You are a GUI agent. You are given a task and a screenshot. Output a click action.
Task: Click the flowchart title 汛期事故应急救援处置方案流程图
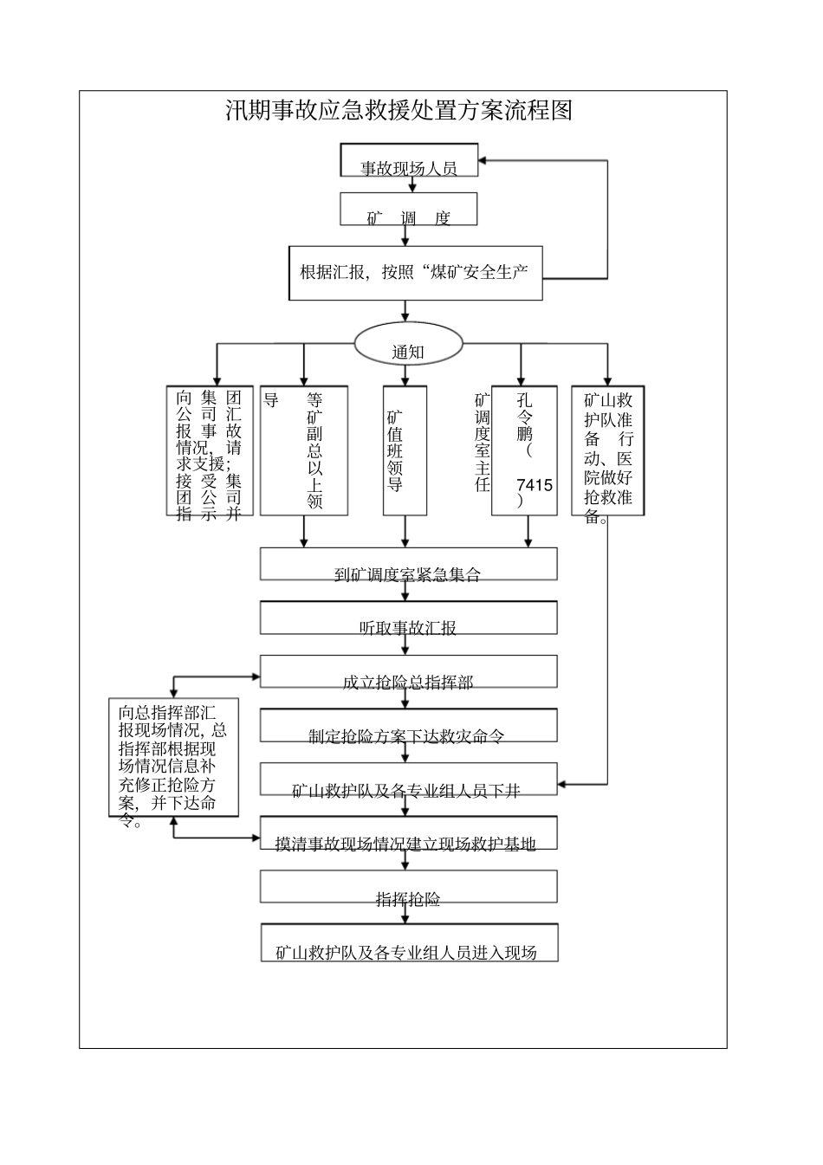[399, 111]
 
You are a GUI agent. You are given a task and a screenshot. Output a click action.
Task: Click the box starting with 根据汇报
[415, 273]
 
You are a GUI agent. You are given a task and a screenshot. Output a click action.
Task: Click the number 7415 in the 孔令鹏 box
[534, 485]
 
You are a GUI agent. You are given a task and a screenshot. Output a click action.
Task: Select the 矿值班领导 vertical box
[405, 450]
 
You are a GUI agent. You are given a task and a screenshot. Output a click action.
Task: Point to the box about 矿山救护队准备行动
[608, 450]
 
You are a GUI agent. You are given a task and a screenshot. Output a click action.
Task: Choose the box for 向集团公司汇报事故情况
[210, 450]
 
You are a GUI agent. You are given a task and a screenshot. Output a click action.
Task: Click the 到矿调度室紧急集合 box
[408, 565]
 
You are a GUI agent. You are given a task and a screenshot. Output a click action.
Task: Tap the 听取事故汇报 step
[408, 618]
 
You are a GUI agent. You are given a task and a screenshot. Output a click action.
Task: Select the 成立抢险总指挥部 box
[408, 673]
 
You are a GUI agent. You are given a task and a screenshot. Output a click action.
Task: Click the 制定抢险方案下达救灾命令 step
[408, 727]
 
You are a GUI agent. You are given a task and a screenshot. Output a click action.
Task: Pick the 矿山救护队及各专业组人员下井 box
[408, 780]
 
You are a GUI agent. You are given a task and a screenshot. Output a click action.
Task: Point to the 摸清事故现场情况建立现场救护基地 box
[408, 834]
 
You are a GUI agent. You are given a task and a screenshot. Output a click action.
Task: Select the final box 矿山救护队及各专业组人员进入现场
[408, 943]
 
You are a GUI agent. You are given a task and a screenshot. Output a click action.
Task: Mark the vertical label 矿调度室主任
[482, 442]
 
